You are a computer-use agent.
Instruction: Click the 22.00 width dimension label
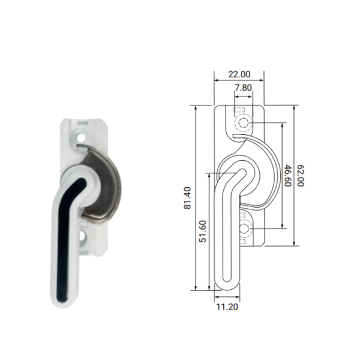[x=239, y=74]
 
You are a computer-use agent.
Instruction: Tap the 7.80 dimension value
[x=243, y=88]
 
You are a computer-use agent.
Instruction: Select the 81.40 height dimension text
[x=187, y=198]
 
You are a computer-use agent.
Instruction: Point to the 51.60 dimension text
[x=203, y=231]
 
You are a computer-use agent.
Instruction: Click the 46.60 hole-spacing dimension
[x=287, y=175]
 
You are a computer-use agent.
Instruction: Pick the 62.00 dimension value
[x=301, y=175]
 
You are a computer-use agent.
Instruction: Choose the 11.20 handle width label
[x=227, y=307]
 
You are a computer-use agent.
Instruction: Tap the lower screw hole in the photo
[x=82, y=236]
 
